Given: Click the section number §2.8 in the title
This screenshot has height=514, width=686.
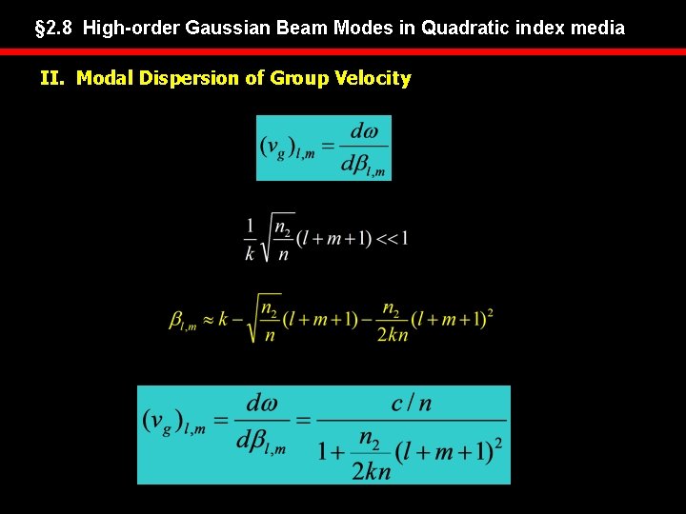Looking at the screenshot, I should (x=55, y=29).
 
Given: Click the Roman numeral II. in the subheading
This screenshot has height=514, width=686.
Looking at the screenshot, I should (x=54, y=78).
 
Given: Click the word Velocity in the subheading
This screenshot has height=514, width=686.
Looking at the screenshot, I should (x=373, y=78).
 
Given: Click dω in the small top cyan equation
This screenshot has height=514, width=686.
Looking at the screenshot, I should (x=364, y=131).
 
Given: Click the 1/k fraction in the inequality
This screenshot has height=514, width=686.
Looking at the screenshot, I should (x=252, y=238).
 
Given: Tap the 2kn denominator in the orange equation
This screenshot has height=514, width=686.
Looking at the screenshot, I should (x=391, y=334).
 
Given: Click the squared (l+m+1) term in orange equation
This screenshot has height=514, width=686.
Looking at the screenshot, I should (x=452, y=319).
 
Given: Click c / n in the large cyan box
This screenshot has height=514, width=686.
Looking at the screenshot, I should (x=411, y=404).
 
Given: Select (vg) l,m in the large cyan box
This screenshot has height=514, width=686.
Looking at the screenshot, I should (x=173, y=422).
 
